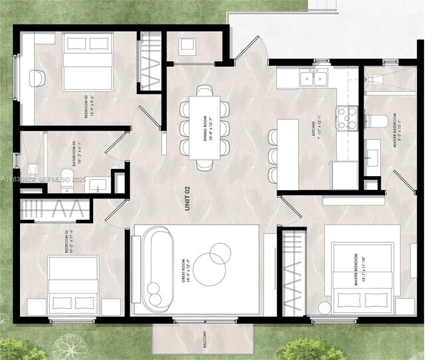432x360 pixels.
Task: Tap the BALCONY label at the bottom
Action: pos(205,341)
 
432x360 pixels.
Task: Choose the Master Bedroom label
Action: pos(360,268)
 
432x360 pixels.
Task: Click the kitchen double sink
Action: pos(313,78)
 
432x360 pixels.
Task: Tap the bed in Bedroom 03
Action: pos(87,63)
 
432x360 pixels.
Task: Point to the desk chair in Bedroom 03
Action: pos(39,77)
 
